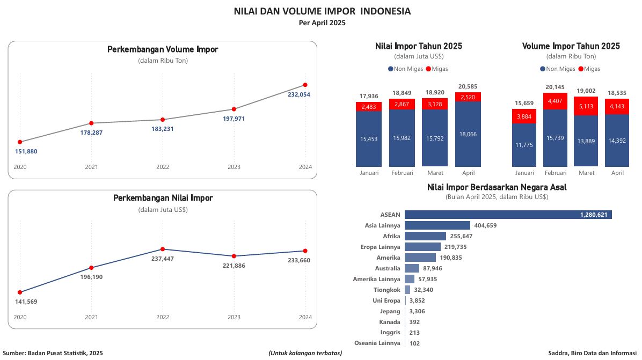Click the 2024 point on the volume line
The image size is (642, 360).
click(x=305, y=85)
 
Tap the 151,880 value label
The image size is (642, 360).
click(x=26, y=151)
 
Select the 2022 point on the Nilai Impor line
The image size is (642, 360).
click(x=163, y=249)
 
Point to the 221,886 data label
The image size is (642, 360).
click(x=234, y=266)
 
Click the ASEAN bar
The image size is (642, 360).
click(x=508, y=215)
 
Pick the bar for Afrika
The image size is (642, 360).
click(x=425, y=236)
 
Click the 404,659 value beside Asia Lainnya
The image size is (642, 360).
click(x=485, y=225)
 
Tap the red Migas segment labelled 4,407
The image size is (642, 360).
click(x=556, y=101)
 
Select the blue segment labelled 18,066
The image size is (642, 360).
click(x=468, y=134)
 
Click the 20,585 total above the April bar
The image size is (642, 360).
click(x=468, y=86)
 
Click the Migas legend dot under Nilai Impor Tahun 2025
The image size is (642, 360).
click(x=428, y=69)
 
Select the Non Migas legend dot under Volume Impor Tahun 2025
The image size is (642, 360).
click(x=543, y=69)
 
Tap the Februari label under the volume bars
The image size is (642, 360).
click(x=556, y=173)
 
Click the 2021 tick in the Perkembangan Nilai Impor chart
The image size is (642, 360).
click(x=91, y=317)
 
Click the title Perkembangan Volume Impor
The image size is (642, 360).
click(x=163, y=49)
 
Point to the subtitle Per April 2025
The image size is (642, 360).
click(x=322, y=23)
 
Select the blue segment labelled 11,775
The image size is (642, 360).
click(x=524, y=145)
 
